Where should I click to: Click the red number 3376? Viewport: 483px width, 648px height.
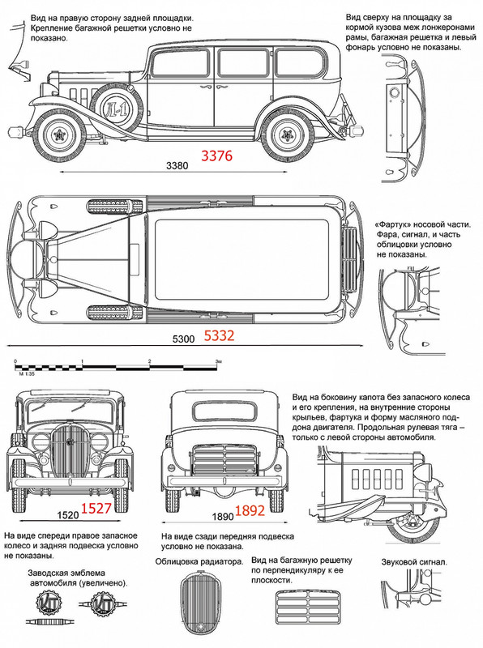point(216,156)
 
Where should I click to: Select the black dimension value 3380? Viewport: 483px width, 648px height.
point(177,166)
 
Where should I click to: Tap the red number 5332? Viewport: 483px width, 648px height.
point(219,335)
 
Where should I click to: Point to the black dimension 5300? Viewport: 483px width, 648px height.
point(183,339)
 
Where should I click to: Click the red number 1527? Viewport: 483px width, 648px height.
point(96,509)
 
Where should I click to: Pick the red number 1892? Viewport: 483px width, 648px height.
point(250,511)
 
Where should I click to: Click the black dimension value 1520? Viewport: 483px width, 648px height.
point(68,515)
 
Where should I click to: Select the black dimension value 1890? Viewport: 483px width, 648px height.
point(224,517)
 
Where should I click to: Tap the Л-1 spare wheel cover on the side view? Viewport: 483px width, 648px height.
point(115,108)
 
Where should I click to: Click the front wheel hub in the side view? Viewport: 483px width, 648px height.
point(60,134)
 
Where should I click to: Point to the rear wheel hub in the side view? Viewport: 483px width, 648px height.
point(286,134)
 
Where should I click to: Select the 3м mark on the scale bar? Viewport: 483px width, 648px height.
point(218,361)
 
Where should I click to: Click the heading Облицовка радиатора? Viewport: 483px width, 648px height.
point(199,561)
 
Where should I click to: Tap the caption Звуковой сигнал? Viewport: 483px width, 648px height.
point(414,562)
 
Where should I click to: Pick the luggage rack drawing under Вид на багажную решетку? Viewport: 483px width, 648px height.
point(308,607)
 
